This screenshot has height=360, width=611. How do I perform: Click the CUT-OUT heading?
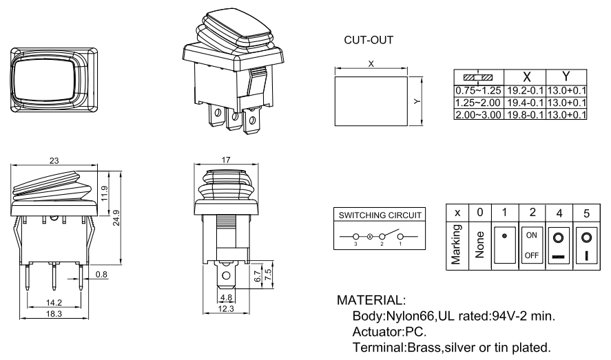click(369, 41)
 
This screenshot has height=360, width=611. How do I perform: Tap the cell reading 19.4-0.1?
click(525, 101)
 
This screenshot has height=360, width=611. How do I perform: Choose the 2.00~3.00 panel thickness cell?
click(479, 112)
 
